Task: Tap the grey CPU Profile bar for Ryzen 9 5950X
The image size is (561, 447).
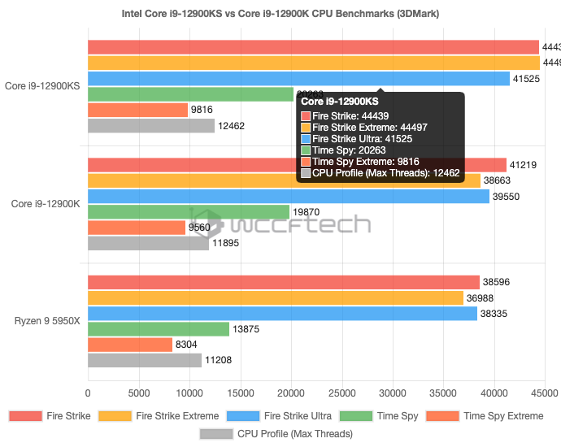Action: [x=145, y=361]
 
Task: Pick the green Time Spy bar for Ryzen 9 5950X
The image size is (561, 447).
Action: [x=159, y=329]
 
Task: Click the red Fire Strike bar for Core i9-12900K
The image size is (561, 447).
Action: [x=297, y=164]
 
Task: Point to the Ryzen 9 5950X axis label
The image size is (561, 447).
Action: [x=47, y=321]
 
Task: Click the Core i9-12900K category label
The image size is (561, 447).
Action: [x=46, y=203]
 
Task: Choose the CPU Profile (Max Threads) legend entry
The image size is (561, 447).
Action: [x=276, y=434]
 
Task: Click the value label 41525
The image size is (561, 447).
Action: [x=523, y=79]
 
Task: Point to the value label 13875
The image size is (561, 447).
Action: [x=246, y=329]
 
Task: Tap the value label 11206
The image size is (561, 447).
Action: [x=219, y=361]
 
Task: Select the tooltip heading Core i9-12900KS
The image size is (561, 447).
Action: [x=340, y=102]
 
